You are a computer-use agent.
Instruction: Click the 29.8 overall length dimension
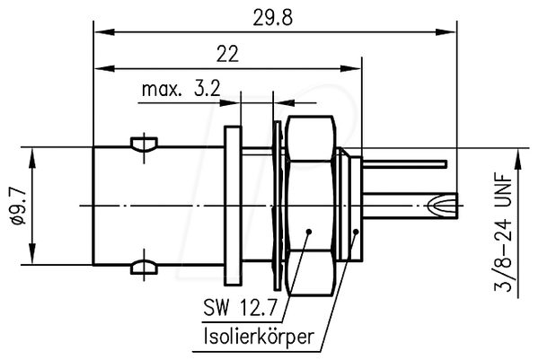(272, 18)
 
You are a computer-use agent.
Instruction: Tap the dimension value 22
(227, 54)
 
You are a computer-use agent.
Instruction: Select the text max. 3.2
(181, 89)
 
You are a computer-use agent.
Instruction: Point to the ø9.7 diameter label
(18, 206)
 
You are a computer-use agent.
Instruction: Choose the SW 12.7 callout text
(240, 307)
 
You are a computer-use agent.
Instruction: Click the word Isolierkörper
(259, 337)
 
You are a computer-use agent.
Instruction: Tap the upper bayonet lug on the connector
(144, 145)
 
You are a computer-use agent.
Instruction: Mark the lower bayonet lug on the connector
(144, 268)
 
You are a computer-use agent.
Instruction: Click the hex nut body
(310, 206)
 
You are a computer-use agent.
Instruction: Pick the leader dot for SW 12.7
(309, 232)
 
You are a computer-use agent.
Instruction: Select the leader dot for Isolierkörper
(356, 232)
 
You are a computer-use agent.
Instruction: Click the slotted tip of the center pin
(444, 206)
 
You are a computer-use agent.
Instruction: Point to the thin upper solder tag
(405, 164)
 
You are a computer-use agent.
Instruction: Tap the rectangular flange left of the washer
(233, 206)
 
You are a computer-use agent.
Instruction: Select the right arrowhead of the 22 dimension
(351, 69)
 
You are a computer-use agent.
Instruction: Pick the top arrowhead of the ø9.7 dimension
(32, 158)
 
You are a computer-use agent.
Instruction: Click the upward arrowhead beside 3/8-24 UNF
(517, 159)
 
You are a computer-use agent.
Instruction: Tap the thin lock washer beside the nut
(277, 206)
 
